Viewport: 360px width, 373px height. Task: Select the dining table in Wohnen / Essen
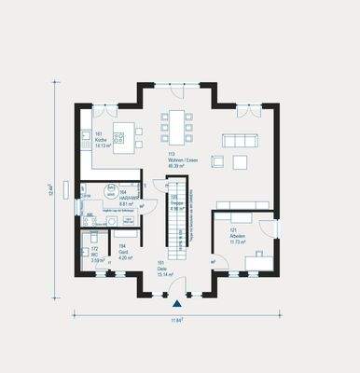click(x=176, y=125)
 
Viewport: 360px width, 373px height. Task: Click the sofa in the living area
click(x=239, y=139)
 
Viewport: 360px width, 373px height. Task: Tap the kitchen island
click(x=123, y=131)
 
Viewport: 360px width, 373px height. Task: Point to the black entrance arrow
click(x=176, y=304)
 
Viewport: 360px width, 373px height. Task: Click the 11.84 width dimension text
click(x=176, y=320)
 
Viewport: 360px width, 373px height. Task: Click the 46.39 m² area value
click(x=177, y=165)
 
